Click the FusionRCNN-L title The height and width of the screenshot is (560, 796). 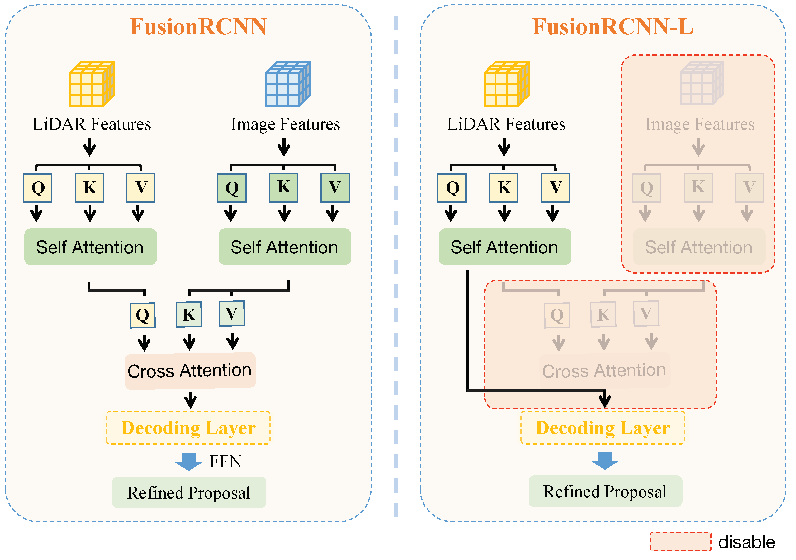tap(613, 27)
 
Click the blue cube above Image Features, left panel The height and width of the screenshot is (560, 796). tap(288, 84)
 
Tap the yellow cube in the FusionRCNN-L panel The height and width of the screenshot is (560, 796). tap(506, 84)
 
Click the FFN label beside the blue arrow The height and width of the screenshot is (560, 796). tap(225, 462)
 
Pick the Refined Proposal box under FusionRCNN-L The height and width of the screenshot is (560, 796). tap(605, 491)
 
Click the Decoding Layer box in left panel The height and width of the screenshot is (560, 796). tap(188, 428)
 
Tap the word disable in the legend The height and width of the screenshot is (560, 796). tap(746, 542)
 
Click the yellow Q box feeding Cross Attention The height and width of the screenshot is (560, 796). tap(143, 315)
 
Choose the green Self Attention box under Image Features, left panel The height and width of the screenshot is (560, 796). tap(285, 247)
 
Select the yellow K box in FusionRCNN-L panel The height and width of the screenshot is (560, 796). tap(504, 188)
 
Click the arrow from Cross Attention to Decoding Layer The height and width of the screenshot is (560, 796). tap(190, 400)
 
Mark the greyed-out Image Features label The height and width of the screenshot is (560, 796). tap(700, 124)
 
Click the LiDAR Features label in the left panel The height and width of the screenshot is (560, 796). tap(92, 124)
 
